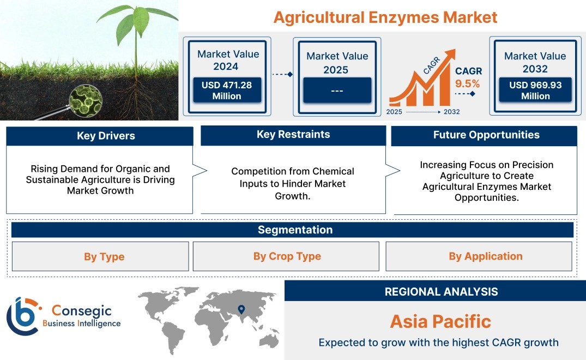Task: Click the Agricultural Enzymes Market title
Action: (x=385, y=17)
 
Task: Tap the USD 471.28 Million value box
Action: (x=227, y=90)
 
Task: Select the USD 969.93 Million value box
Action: (x=535, y=89)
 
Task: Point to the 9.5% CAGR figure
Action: (x=467, y=84)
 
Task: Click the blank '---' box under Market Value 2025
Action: (x=337, y=90)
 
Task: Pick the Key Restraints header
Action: (x=293, y=135)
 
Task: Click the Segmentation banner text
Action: (x=295, y=230)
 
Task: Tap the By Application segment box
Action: (x=479, y=256)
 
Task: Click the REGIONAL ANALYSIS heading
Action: (x=442, y=292)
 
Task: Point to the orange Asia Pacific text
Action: (x=440, y=321)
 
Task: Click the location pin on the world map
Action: (x=241, y=309)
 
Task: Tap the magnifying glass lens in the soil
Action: (x=86, y=100)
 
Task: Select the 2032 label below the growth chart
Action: (x=451, y=112)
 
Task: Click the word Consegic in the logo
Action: (x=81, y=310)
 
